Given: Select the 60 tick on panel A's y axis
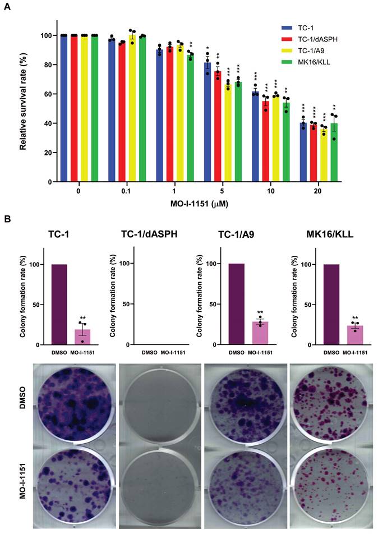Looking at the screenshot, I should (x=49, y=94).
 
